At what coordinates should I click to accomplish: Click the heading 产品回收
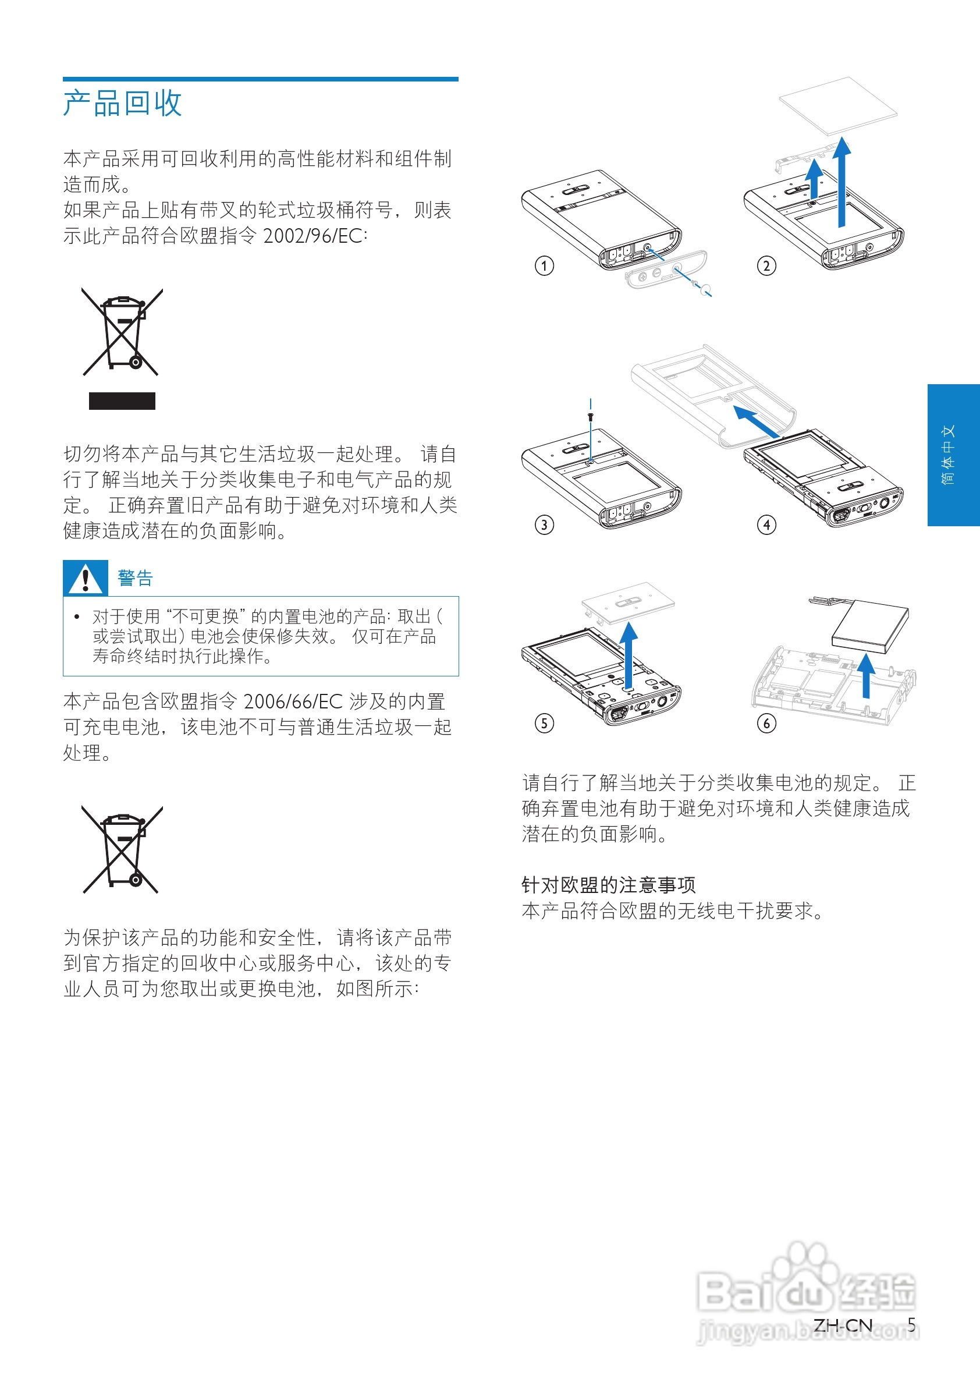(x=122, y=103)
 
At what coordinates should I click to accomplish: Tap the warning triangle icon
(x=85, y=578)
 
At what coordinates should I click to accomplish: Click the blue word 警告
(x=135, y=578)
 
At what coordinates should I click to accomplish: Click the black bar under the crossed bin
(x=122, y=401)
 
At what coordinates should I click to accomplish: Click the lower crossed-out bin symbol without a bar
(x=122, y=849)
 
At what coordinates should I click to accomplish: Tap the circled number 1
(x=544, y=265)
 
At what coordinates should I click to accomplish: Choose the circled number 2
(x=766, y=265)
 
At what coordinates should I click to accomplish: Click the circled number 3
(x=544, y=524)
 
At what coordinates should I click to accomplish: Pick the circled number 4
(x=766, y=524)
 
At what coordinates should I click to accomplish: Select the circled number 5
(x=544, y=723)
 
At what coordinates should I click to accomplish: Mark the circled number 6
(x=766, y=723)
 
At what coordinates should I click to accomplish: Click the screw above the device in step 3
(x=590, y=416)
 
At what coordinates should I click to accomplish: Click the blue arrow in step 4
(x=755, y=421)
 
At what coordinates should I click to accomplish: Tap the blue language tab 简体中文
(x=953, y=455)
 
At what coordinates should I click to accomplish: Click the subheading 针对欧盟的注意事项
(x=608, y=885)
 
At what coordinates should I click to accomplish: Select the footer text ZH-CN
(x=843, y=1325)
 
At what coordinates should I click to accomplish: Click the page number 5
(x=911, y=1325)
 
